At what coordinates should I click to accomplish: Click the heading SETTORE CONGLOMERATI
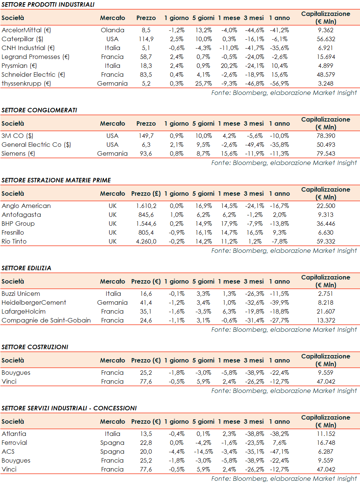[39, 110]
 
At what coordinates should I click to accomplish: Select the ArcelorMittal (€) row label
[26, 30]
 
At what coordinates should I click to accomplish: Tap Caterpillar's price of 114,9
[146, 39]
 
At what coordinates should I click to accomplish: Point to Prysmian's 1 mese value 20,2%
[229, 66]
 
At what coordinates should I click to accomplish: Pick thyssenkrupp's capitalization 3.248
[326, 83]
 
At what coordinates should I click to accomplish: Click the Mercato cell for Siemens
[112, 153]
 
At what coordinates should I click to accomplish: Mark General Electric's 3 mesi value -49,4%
[254, 145]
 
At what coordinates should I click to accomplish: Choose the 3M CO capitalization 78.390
[326, 136]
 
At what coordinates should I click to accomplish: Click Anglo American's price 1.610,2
[146, 206]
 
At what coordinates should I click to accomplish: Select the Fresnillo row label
[13, 232]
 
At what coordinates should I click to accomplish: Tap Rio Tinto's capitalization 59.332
[326, 241]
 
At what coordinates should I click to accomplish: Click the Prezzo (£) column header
[146, 193]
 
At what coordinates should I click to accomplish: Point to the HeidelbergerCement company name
[34, 302]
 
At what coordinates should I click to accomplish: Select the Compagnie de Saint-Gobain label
[46, 320]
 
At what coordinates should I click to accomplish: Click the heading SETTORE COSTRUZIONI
[35, 347]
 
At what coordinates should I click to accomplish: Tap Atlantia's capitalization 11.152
[326, 434]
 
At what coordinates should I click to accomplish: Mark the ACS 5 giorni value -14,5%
[203, 451]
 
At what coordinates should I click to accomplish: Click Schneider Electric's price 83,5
[146, 75]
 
